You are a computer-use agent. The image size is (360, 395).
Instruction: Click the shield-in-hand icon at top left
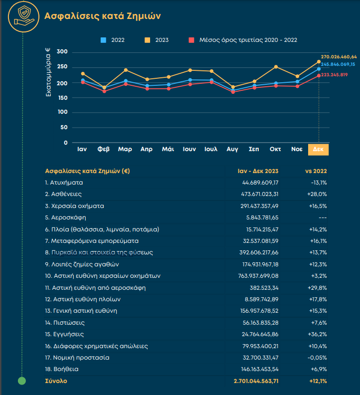[23, 17]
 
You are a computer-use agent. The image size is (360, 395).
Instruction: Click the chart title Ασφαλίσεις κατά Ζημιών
[103, 16]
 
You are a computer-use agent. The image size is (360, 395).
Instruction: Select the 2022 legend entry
[112, 40]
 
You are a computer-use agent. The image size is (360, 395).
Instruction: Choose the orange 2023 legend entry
[157, 40]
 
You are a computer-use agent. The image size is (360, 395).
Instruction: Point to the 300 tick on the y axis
[62, 52]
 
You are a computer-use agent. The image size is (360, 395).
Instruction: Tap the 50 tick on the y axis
[64, 128]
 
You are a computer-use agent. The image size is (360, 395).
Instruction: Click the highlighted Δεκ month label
[318, 150]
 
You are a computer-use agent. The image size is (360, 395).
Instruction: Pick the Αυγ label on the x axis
[232, 150]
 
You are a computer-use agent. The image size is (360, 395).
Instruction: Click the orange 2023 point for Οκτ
[276, 67]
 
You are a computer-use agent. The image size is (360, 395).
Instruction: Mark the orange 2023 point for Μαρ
[126, 70]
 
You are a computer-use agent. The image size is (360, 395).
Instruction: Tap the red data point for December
[319, 76]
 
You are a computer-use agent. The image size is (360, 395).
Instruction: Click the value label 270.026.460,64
[339, 57]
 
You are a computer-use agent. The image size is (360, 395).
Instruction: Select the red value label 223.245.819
[334, 75]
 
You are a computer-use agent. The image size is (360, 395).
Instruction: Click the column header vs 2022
[316, 171]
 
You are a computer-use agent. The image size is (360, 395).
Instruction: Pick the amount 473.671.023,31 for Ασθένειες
[260, 194]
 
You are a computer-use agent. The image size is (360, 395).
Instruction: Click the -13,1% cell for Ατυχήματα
[319, 183]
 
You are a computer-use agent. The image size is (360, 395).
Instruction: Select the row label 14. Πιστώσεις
[65, 323]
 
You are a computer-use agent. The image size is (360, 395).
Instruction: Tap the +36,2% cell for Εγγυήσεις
[318, 334]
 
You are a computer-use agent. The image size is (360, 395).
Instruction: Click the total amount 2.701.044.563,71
[256, 381]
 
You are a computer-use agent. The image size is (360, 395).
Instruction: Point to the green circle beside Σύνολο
[22, 381]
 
